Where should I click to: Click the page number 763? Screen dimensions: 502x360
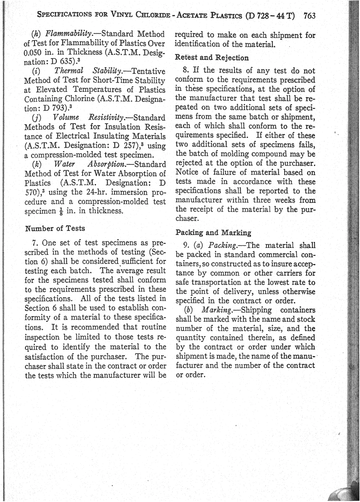tap(309, 16)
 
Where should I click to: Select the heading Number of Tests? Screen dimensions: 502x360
tap(55, 228)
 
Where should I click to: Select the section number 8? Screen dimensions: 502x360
tap(186, 71)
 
